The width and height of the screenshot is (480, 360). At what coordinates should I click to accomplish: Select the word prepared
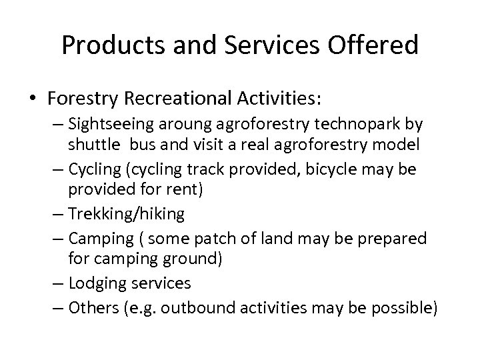pos(393,239)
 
